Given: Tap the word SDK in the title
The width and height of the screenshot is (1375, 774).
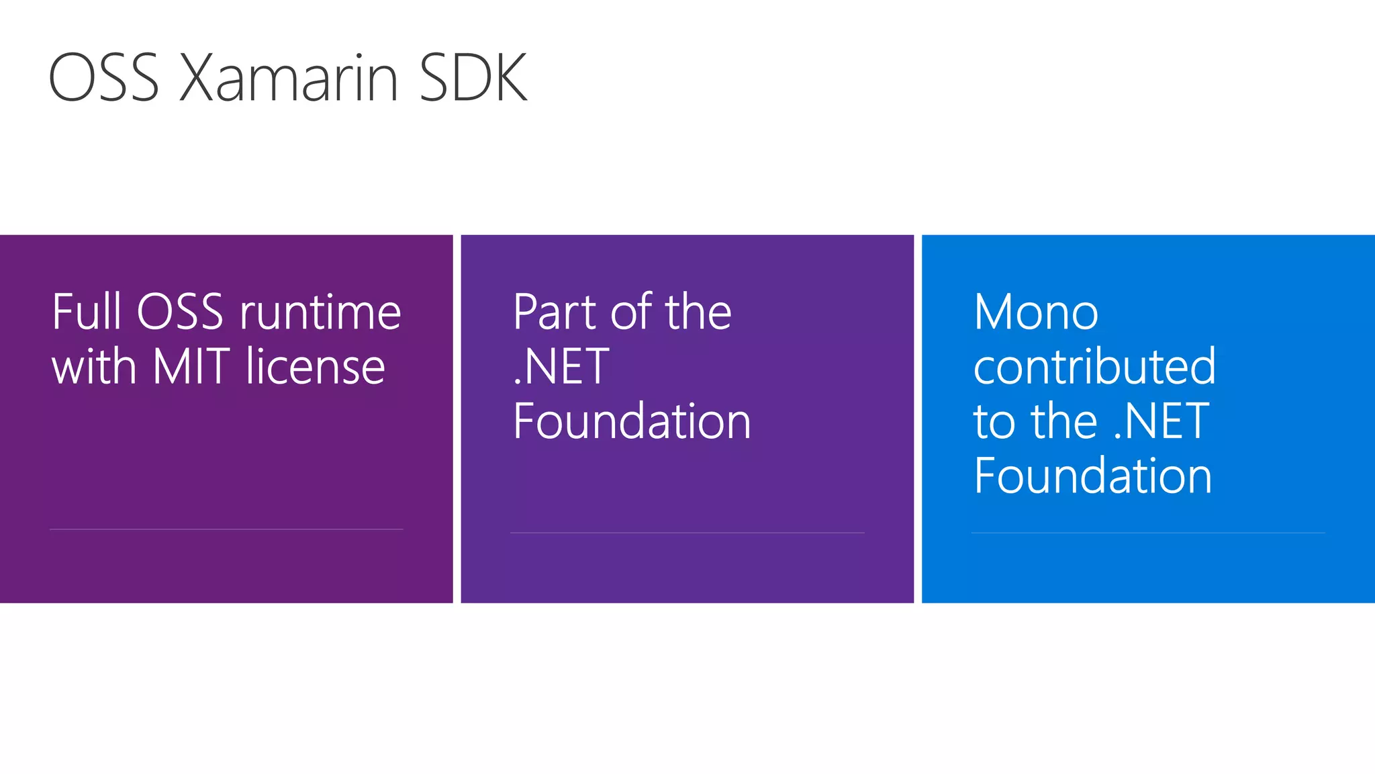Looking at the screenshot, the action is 473,79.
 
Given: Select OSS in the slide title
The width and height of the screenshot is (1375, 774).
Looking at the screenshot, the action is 103,79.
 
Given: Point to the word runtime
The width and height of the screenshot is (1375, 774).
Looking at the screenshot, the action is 320,314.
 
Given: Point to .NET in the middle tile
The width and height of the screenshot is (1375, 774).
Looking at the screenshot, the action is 561,368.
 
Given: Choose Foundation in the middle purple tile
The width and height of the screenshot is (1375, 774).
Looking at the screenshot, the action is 632,422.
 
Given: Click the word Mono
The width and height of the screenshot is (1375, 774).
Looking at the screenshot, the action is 1036,313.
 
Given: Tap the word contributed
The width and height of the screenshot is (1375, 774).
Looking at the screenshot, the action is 1094,368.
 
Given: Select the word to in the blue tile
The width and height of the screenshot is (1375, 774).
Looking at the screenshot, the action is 994,423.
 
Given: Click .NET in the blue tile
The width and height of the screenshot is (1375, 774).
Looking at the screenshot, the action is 1161,422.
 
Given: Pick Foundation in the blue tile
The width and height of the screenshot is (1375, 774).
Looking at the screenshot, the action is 1093,476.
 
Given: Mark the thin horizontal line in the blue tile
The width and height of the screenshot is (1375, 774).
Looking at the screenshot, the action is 1148,533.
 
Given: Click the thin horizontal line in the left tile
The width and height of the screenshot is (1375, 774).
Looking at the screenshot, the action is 226,529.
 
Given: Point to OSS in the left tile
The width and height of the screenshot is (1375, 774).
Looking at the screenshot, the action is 180,312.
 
